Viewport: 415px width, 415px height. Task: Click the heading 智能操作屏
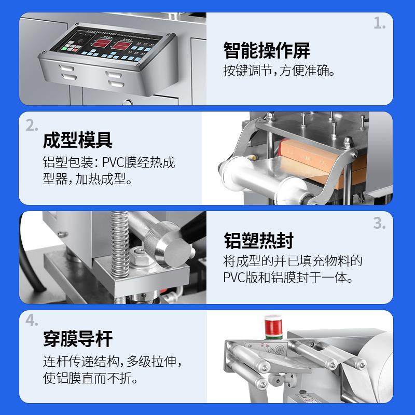(267, 51)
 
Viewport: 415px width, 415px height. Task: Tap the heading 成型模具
(78, 140)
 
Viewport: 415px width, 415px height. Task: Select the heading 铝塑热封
(259, 240)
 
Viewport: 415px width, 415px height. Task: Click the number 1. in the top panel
(380, 23)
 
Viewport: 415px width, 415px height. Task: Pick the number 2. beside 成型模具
(32, 125)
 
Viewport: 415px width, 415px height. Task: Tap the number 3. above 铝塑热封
(380, 223)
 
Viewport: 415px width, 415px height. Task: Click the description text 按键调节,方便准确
(279, 71)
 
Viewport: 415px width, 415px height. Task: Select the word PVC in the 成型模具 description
(114, 162)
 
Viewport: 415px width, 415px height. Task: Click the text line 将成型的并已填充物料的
(293, 260)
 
